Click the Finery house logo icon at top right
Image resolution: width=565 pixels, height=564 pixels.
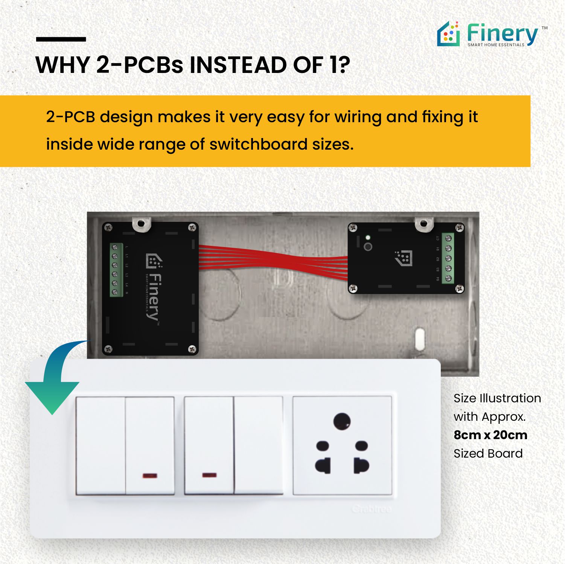pyautogui.click(x=448, y=35)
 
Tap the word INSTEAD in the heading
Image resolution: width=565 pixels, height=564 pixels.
pyautogui.click(x=239, y=65)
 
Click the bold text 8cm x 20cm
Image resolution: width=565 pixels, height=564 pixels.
pyautogui.click(x=490, y=435)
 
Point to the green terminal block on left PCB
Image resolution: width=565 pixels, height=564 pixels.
pyautogui.click(x=116, y=270)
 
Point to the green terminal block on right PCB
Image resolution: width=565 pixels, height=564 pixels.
pyautogui.click(x=448, y=258)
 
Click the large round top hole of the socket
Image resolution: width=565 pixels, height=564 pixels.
pyautogui.click(x=342, y=421)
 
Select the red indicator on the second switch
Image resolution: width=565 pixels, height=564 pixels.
pyautogui.click(x=150, y=476)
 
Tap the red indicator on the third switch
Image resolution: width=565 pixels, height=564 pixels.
pyautogui.click(x=209, y=475)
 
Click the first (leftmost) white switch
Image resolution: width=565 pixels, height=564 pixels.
pyautogui.click(x=101, y=446)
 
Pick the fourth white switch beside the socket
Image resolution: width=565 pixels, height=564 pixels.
pyautogui.click(x=258, y=446)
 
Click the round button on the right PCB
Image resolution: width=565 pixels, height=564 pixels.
pyautogui.click(x=368, y=247)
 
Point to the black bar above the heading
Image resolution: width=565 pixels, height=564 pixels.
pyautogui.click(x=61, y=39)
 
